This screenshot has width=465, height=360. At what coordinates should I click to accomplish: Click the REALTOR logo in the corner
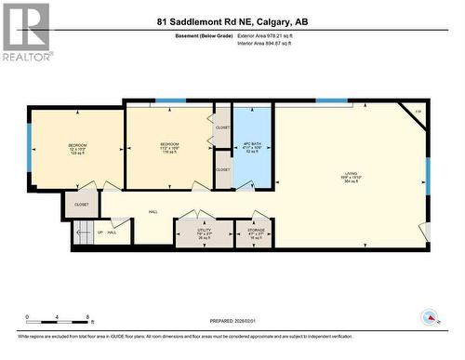(x=25, y=32)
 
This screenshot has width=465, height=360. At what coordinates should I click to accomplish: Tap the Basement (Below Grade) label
(x=204, y=35)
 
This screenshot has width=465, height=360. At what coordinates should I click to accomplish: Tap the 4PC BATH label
(x=252, y=147)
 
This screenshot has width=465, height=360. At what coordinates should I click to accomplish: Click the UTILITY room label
(x=205, y=233)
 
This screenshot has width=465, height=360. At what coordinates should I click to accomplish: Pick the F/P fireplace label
(x=418, y=113)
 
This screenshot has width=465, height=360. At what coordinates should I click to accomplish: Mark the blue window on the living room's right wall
(x=428, y=177)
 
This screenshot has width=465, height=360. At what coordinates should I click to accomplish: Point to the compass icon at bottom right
(x=429, y=317)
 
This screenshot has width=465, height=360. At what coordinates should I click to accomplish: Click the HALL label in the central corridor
(x=153, y=211)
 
